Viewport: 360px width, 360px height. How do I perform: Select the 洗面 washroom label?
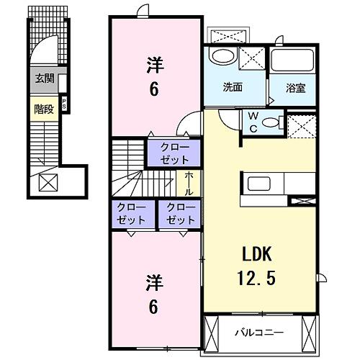232,88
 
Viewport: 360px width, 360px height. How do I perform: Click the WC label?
253,121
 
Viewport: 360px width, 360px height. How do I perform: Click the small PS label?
64,102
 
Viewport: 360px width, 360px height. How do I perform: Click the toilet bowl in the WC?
271,122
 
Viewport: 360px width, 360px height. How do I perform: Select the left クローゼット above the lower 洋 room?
131,214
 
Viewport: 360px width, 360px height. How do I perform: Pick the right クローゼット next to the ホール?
179,214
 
